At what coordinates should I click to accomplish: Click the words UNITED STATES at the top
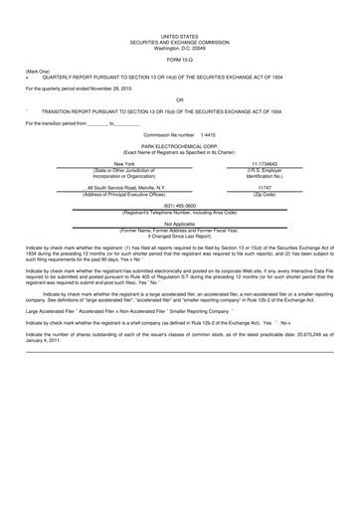tap(179, 35)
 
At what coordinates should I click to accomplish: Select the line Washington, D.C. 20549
tap(179, 47)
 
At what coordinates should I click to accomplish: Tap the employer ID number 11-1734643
tap(265, 163)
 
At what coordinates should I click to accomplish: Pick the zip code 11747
tap(265, 186)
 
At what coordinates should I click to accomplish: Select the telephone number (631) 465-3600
tap(179, 206)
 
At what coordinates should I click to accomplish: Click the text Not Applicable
tap(179, 224)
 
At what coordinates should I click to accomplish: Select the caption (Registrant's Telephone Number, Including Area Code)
tap(179, 212)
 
